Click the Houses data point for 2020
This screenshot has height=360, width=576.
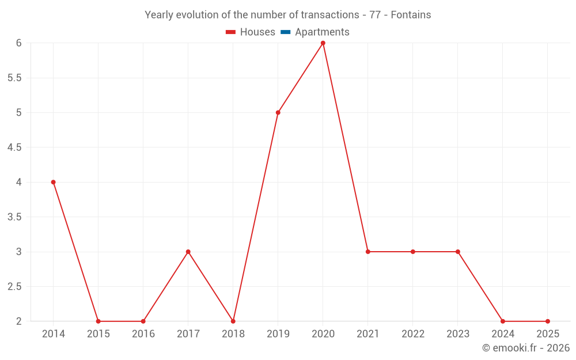pyautogui.click(x=323, y=43)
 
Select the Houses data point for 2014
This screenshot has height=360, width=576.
pyautogui.click(x=54, y=182)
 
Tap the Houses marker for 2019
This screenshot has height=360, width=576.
pyautogui.click(x=278, y=112)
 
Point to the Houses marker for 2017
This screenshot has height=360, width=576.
pyautogui.click(x=188, y=252)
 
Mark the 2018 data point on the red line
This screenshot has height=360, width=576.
pyautogui.click(x=233, y=321)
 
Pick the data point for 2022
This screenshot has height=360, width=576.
pyautogui.click(x=413, y=252)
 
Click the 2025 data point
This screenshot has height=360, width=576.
pyautogui.click(x=548, y=321)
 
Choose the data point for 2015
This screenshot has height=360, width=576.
pyautogui.click(x=98, y=321)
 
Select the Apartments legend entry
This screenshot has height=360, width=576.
pyautogui.click(x=322, y=32)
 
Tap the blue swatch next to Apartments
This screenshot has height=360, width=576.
pyautogui.click(x=285, y=32)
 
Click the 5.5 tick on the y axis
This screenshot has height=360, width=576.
pyautogui.click(x=14, y=78)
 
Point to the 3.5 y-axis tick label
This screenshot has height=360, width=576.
pyautogui.click(x=14, y=217)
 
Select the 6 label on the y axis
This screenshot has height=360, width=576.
pyautogui.click(x=18, y=43)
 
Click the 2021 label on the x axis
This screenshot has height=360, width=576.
pyautogui.click(x=368, y=334)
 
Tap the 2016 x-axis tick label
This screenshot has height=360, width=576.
pyautogui.click(x=143, y=334)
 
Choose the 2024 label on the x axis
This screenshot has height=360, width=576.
pyautogui.click(x=503, y=334)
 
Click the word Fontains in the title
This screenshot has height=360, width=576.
pyautogui.click(x=411, y=15)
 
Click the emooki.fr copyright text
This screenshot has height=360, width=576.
pyautogui.click(x=525, y=348)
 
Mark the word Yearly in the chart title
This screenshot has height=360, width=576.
pyautogui.click(x=158, y=15)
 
